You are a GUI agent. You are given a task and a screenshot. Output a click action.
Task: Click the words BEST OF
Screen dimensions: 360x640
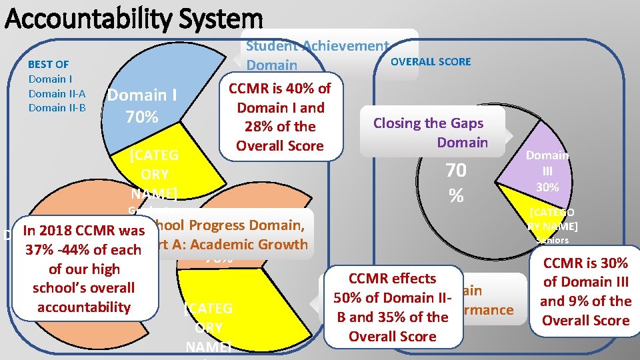pos(48,64)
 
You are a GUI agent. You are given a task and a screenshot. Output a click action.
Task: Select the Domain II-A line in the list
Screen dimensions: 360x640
pos(57,93)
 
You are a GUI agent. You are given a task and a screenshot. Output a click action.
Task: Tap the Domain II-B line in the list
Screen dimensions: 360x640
pos(57,107)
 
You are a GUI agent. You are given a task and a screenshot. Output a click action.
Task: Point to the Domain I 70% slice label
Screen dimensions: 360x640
pos(142,106)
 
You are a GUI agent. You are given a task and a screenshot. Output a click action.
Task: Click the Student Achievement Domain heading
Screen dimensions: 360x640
pos(317,55)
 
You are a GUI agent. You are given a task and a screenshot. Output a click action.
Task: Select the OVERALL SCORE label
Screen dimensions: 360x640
pos(430,61)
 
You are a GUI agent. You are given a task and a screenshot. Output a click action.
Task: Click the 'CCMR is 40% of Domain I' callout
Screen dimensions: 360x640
pos(279,117)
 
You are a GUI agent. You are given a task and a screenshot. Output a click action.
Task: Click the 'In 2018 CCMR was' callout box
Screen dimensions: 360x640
pos(83,269)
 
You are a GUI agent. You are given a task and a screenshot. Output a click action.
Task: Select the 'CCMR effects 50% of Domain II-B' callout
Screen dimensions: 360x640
pos(392,307)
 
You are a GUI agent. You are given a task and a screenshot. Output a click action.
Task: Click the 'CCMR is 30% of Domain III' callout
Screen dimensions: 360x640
pos(585,291)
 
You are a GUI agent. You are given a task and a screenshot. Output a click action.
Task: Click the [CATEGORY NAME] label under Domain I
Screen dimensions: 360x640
pos(154,174)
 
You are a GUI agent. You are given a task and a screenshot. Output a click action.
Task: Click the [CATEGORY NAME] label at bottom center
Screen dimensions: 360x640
pos(208,327)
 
